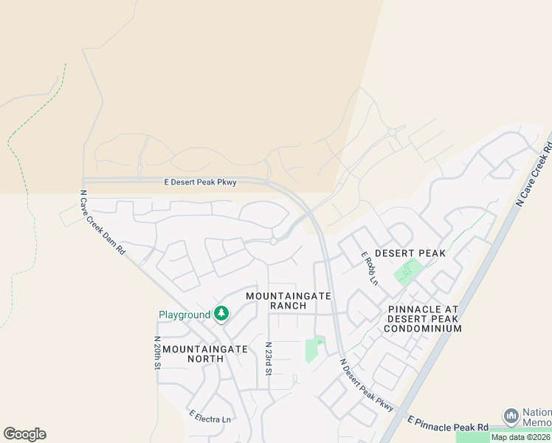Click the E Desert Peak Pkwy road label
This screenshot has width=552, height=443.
[200, 182]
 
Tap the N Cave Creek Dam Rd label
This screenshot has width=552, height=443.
[103, 223]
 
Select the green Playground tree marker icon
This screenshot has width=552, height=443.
[221, 315]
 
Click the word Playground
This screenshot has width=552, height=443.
[184, 315]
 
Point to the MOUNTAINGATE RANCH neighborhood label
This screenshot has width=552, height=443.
[289, 301]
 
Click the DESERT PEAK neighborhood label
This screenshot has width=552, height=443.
[410, 253]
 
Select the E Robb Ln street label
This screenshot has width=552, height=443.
[369, 269]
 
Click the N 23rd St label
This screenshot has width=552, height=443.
[269, 358]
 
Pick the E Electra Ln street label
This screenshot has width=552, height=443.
[210, 419]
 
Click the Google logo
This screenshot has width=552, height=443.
[24, 434]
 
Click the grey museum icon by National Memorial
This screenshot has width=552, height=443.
[511, 415]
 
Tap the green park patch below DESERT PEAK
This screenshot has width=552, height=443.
[404, 273]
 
